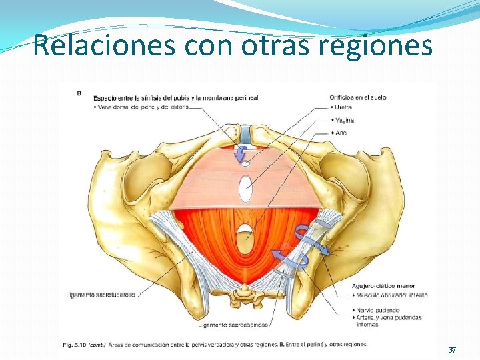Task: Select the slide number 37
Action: click(x=452, y=350)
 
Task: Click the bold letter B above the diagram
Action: click(x=79, y=93)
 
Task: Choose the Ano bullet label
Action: click(x=341, y=133)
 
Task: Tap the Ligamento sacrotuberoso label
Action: click(x=101, y=294)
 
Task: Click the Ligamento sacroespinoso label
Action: click(x=233, y=325)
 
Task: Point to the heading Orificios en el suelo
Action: click(x=358, y=97)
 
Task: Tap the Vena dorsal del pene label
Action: click(x=143, y=106)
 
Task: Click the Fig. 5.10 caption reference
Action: click(x=75, y=344)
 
